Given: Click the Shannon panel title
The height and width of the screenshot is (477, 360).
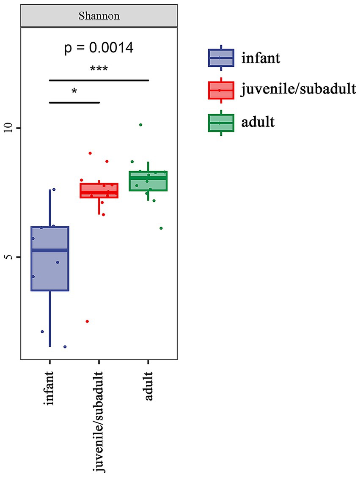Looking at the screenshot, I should (99, 16).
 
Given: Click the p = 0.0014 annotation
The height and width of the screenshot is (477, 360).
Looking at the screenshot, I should (99, 48).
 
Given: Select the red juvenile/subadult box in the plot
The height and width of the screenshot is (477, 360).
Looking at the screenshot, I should (99, 191).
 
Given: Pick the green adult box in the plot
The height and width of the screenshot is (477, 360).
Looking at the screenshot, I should (148, 181).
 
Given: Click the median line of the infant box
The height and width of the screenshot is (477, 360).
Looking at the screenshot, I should (50, 250).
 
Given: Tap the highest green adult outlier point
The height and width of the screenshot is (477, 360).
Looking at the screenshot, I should (140, 125).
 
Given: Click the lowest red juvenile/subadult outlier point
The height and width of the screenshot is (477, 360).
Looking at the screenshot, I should (87, 321).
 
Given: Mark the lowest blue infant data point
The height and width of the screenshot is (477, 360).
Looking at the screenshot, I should (65, 347).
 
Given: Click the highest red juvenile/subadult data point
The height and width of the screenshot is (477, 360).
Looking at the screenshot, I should (90, 153).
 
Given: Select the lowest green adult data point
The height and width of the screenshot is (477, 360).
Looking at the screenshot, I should (161, 228).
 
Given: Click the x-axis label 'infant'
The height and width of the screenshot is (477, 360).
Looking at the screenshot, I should (50, 388).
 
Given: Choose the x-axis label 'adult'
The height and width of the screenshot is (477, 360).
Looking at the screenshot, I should (148, 386).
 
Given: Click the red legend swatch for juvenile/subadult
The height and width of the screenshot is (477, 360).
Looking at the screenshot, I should (221, 90).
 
